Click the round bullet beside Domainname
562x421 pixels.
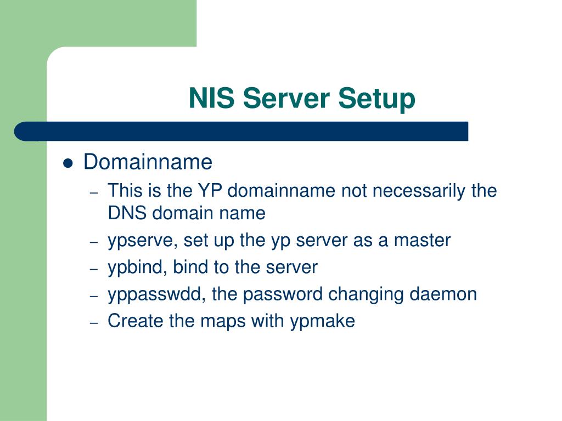coord(68,163)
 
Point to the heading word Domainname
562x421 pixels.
coord(148,162)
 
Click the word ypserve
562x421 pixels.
coord(142,241)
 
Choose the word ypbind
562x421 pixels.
coord(137,268)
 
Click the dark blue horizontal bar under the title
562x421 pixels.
coord(241,132)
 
